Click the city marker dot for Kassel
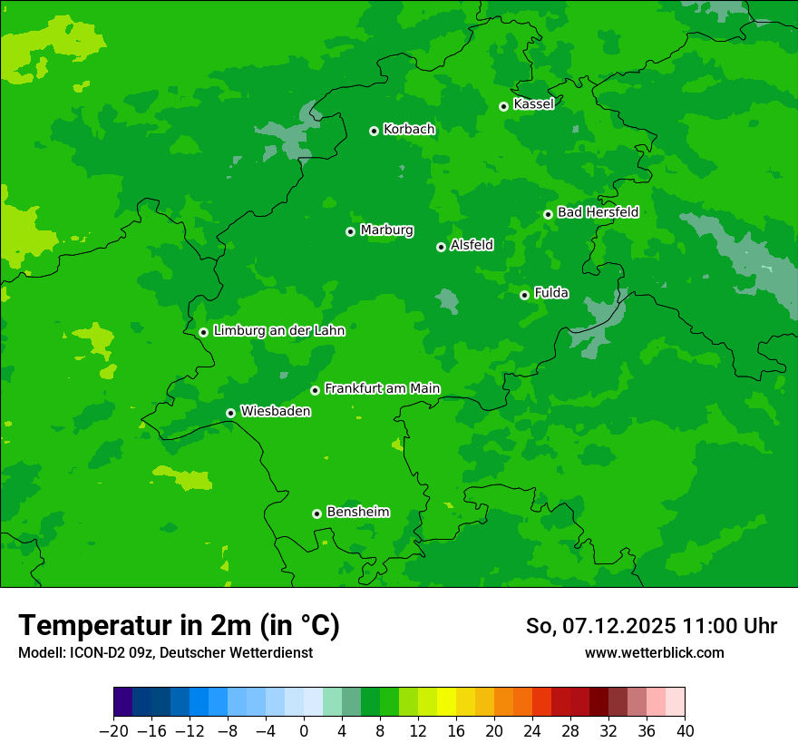coord(503,106)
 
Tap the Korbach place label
coord(409,129)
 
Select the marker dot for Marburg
coord(350,231)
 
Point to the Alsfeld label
coord(472,245)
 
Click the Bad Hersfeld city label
coord(598,212)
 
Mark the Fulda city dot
coord(524,295)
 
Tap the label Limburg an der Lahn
coord(278,330)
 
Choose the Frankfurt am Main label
coord(382,388)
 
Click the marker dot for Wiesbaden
coord(230,413)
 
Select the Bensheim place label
coord(357,512)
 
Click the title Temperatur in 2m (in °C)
coord(179,626)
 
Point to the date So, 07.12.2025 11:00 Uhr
coord(651,626)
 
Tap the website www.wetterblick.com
coord(654,652)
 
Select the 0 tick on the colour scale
coord(304,731)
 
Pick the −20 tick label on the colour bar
coord(113,731)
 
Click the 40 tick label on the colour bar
coord(685,731)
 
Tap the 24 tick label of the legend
coord(532,731)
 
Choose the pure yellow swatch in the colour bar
coord(446,702)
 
